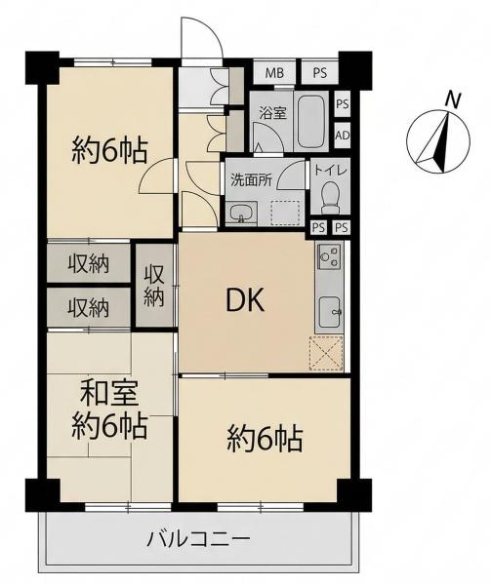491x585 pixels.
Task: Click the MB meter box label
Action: tap(274, 72)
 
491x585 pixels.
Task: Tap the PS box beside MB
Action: tap(319, 72)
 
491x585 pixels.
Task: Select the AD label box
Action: tap(343, 136)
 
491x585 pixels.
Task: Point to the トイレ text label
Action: tap(331, 171)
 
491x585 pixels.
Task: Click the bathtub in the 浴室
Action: tap(310, 121)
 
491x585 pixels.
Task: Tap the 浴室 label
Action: tap(273, 113)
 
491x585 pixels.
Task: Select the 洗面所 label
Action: tap(251, 180)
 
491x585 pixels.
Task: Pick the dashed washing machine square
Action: tap(285, 213)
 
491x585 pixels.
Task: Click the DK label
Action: tap(245, 300)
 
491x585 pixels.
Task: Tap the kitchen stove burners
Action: tap(329, 256)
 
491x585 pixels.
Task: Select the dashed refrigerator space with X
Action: tap(326, 353)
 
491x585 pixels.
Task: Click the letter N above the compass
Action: tap(454, 100)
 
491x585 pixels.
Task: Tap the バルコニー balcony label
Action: tap(198, 539)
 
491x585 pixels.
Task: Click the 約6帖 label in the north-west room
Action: tap(109, 150)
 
